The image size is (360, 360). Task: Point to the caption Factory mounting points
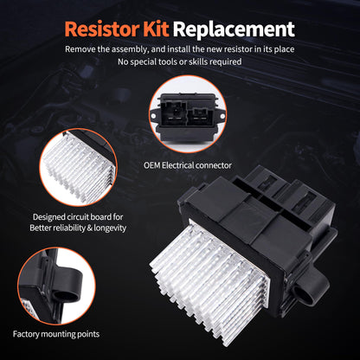click(x=56, y=333)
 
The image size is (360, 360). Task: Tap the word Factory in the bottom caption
click(x=31, y=333)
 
